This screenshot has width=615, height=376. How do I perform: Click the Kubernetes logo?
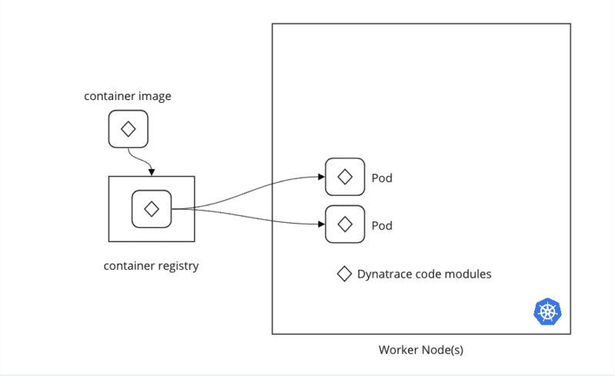[547, 311]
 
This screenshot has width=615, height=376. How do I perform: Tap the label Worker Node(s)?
[420, 350]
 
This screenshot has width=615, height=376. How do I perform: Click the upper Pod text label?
[382, 178]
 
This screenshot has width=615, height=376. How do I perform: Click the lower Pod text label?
[382, 225]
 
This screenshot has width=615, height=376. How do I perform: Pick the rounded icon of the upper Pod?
[345, 177]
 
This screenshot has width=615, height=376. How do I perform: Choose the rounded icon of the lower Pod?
[345, 225]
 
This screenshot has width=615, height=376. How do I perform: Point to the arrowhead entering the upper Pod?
[321, 177]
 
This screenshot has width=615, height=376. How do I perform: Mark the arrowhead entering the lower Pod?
[321, 225]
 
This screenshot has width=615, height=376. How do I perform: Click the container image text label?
[128, 96]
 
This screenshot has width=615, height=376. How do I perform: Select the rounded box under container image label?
[128, 128]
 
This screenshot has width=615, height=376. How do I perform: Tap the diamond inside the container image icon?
[128, 128]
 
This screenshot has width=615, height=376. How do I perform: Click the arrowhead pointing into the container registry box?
[152, 171]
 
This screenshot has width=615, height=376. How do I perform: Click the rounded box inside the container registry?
[151, 208]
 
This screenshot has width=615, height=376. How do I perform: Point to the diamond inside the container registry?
[151, 208]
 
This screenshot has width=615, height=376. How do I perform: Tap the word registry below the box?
[177, 266]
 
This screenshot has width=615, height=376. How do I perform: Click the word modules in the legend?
[469, 274]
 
